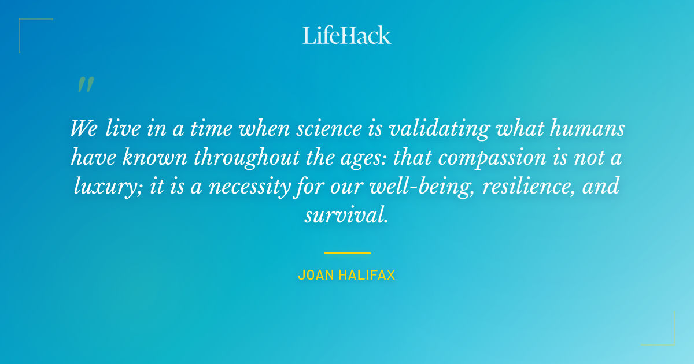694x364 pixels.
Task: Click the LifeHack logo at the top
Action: coord(347,35)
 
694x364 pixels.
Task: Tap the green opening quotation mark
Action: coord(85,86)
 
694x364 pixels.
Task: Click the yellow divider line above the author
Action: coord(347,253)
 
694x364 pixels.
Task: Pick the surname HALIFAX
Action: coord(367,276)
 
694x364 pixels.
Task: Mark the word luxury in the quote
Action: coord(102,187)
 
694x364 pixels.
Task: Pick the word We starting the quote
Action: coord(84,128)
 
